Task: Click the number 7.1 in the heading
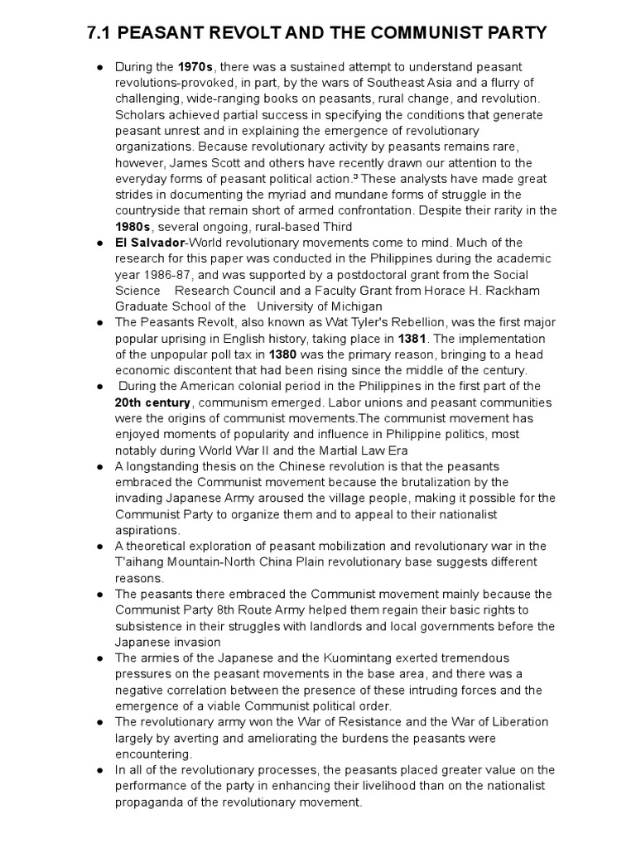pos(103,33)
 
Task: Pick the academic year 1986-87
pos(146,274)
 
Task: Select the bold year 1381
pos(412,339)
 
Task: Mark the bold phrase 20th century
pos(153,402)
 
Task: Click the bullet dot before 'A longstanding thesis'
pos(99,467)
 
